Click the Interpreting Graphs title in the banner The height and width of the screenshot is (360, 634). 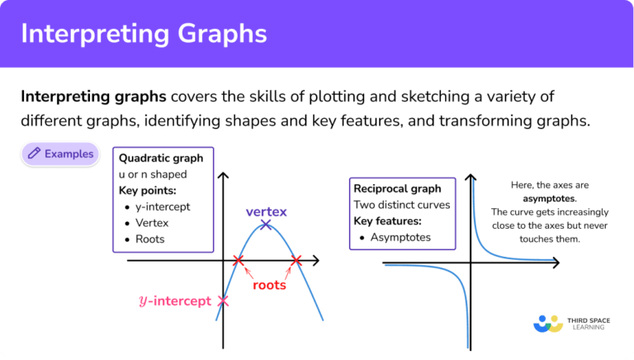pos(144,34)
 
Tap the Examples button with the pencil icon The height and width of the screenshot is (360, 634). pos(59,154)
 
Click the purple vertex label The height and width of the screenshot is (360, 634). pos(267,211)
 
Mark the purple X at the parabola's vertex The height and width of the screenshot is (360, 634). pos(265,225)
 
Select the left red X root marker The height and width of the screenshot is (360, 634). pos(239,261)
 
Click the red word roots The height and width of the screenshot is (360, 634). pos(269,285)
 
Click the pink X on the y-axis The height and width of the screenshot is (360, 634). pos(222,301)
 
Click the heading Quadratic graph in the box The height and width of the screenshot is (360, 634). pos(161,158)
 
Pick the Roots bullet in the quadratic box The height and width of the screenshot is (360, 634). pos(149,239)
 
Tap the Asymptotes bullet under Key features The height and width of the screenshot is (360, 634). pos(400,238)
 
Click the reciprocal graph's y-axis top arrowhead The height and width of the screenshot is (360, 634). pos(470,178)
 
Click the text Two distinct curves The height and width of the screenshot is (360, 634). pos(402,205)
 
